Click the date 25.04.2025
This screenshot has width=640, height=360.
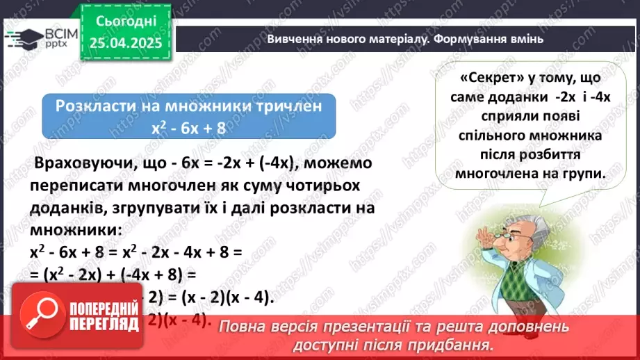[125, 42]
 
